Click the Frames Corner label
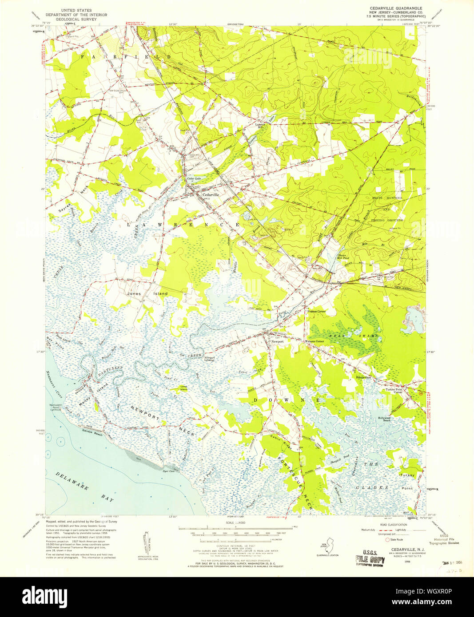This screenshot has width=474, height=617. point(316,312)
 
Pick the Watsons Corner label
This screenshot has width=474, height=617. point(314,341)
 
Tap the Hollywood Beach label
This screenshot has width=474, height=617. point(384,419)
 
